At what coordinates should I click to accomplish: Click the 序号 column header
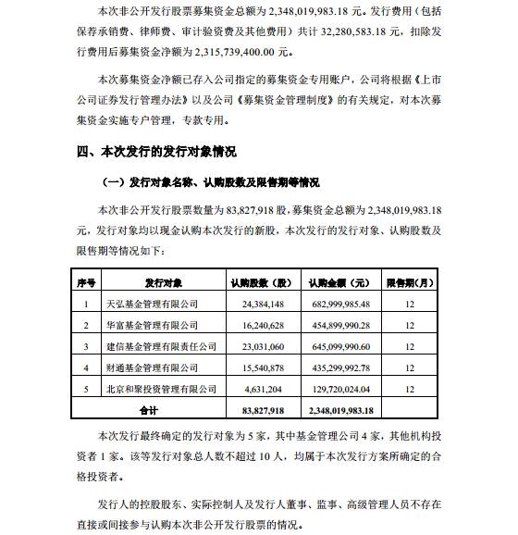coord(87,281)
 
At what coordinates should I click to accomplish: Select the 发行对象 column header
coord(163,281)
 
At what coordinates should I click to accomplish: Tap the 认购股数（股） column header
coord(261,281)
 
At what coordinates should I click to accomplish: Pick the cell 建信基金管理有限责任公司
coord(161,346)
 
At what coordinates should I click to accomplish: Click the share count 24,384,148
coord(263,303)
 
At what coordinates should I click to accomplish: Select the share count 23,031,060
coord(263,346)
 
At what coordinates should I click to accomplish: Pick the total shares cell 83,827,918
coord(262,408)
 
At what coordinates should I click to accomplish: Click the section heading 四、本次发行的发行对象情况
coord(156,151)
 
